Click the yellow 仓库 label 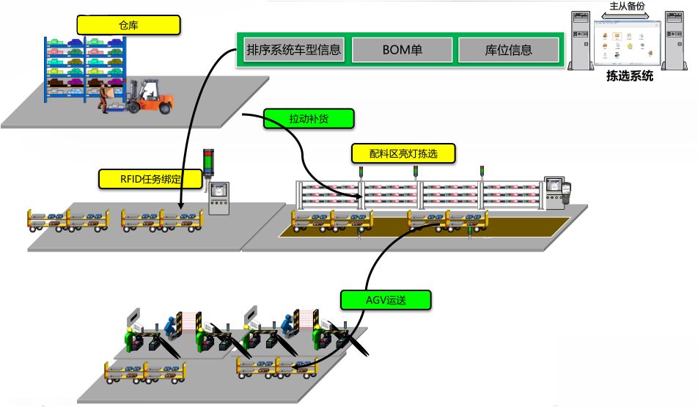[128, 26]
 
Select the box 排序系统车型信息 [293, 50]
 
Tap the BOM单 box [402, 50]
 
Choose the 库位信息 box [508, 50]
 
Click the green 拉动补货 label [309, 118]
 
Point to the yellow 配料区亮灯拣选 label [403, 153]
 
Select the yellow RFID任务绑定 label [150, 178]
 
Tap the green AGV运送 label [385, 299]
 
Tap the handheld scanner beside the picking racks [566, 192]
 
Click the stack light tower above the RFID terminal [207, 163]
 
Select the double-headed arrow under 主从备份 [628, 15]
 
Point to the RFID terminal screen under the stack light [219, 192]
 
